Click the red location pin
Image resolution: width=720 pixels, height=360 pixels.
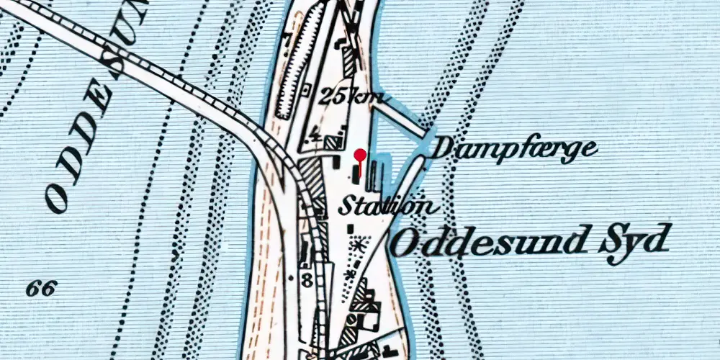359,156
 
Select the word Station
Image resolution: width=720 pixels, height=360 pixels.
387,206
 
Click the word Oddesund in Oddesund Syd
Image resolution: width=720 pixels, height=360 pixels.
487,243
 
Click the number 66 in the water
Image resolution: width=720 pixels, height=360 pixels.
41,289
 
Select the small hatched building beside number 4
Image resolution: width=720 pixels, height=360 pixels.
332,143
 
